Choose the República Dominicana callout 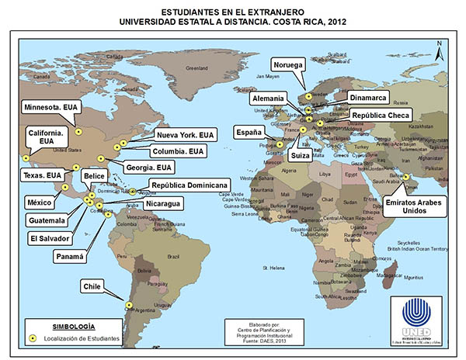(190, 186)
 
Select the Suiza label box (301, 155)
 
